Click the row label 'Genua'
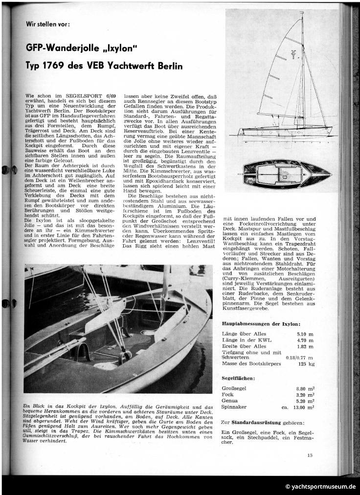pos(230,400)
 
